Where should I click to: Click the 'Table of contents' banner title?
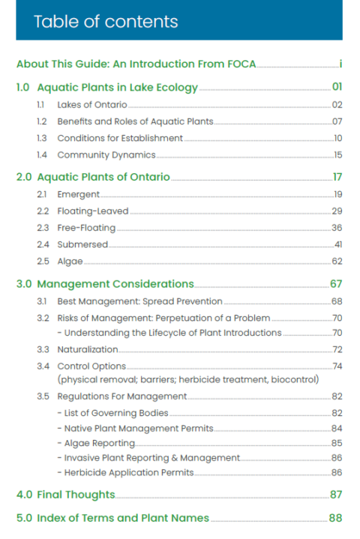point(106,21)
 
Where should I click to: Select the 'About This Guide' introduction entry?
point(136,64)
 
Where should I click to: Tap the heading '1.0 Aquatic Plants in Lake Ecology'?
point(106,88)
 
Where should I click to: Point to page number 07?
point(337,121)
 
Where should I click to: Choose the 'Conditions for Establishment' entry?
point(120,138)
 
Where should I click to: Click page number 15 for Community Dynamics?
point(337,154)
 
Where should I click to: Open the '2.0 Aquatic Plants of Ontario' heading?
point(93,178)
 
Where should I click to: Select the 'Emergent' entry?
point(78,194)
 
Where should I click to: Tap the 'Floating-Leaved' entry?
point(93,211)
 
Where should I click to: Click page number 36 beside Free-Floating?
point(337,227)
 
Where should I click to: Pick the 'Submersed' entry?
point(82,244)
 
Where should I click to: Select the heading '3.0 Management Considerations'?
point(105,284)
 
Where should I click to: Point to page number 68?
point(337,301)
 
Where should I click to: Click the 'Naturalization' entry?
point(88,349)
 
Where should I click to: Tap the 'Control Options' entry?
point(91,366)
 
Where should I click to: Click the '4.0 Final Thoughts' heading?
point(66,495)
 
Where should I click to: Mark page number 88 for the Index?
point(335,518)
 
